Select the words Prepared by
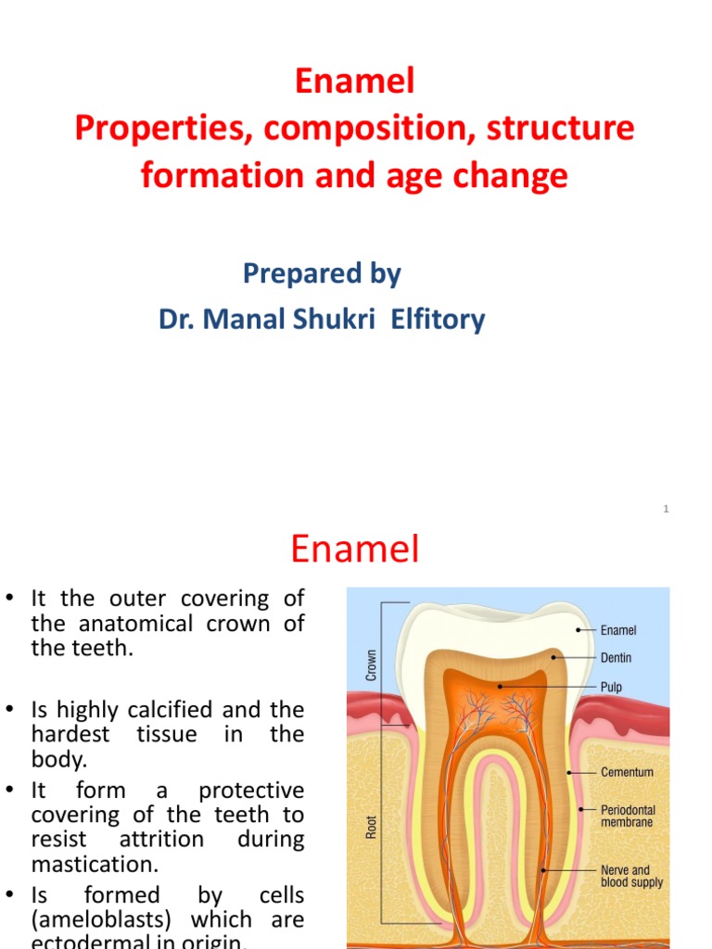point(322,273)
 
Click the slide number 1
point(666,509)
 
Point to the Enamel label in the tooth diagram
point(618,630)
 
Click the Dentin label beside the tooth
point(617,658)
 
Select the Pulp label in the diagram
point(611,688)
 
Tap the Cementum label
point(627,772)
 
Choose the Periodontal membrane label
point(628,816)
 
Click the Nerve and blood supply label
point(631,877)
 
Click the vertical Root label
point(371,827)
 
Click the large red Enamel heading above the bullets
point(355,550)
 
